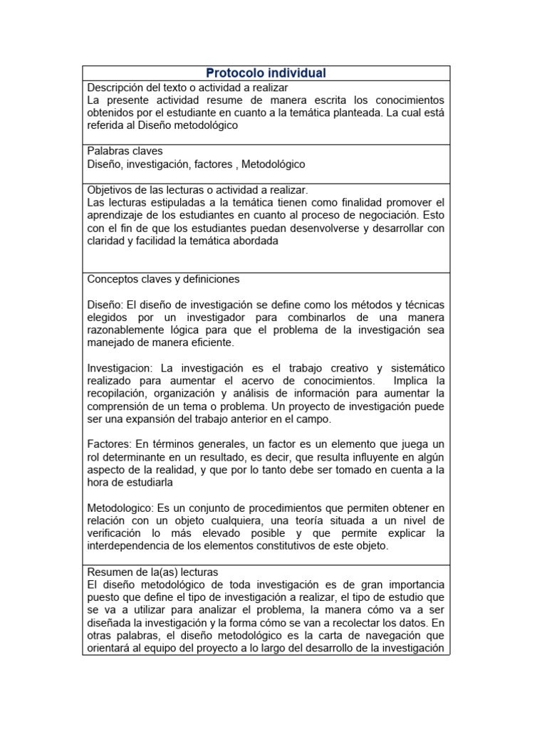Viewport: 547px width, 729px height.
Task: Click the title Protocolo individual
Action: point(266,73)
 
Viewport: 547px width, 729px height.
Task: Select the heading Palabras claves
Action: point(125,151)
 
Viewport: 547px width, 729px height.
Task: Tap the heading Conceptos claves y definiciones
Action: point(163,278)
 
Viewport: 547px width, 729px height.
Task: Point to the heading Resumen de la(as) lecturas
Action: point(152,572)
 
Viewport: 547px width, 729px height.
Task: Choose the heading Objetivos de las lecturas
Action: point(197,190)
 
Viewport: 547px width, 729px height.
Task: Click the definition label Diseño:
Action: point(105,304)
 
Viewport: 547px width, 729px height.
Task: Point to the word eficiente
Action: point(209,342)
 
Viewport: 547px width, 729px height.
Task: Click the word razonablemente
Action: point(132,330)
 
